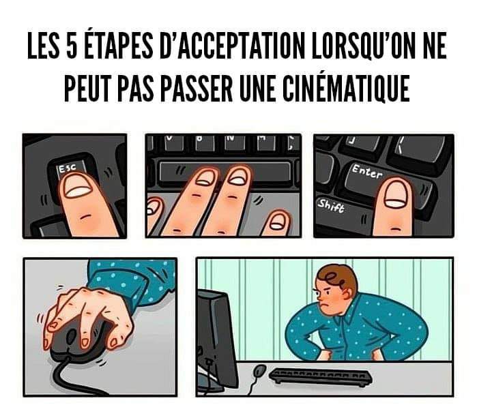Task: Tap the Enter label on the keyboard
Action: pos(367,172)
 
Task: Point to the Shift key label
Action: pos(331,207)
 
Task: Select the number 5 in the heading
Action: pos(71,48)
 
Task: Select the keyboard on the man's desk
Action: pos(320,376)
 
